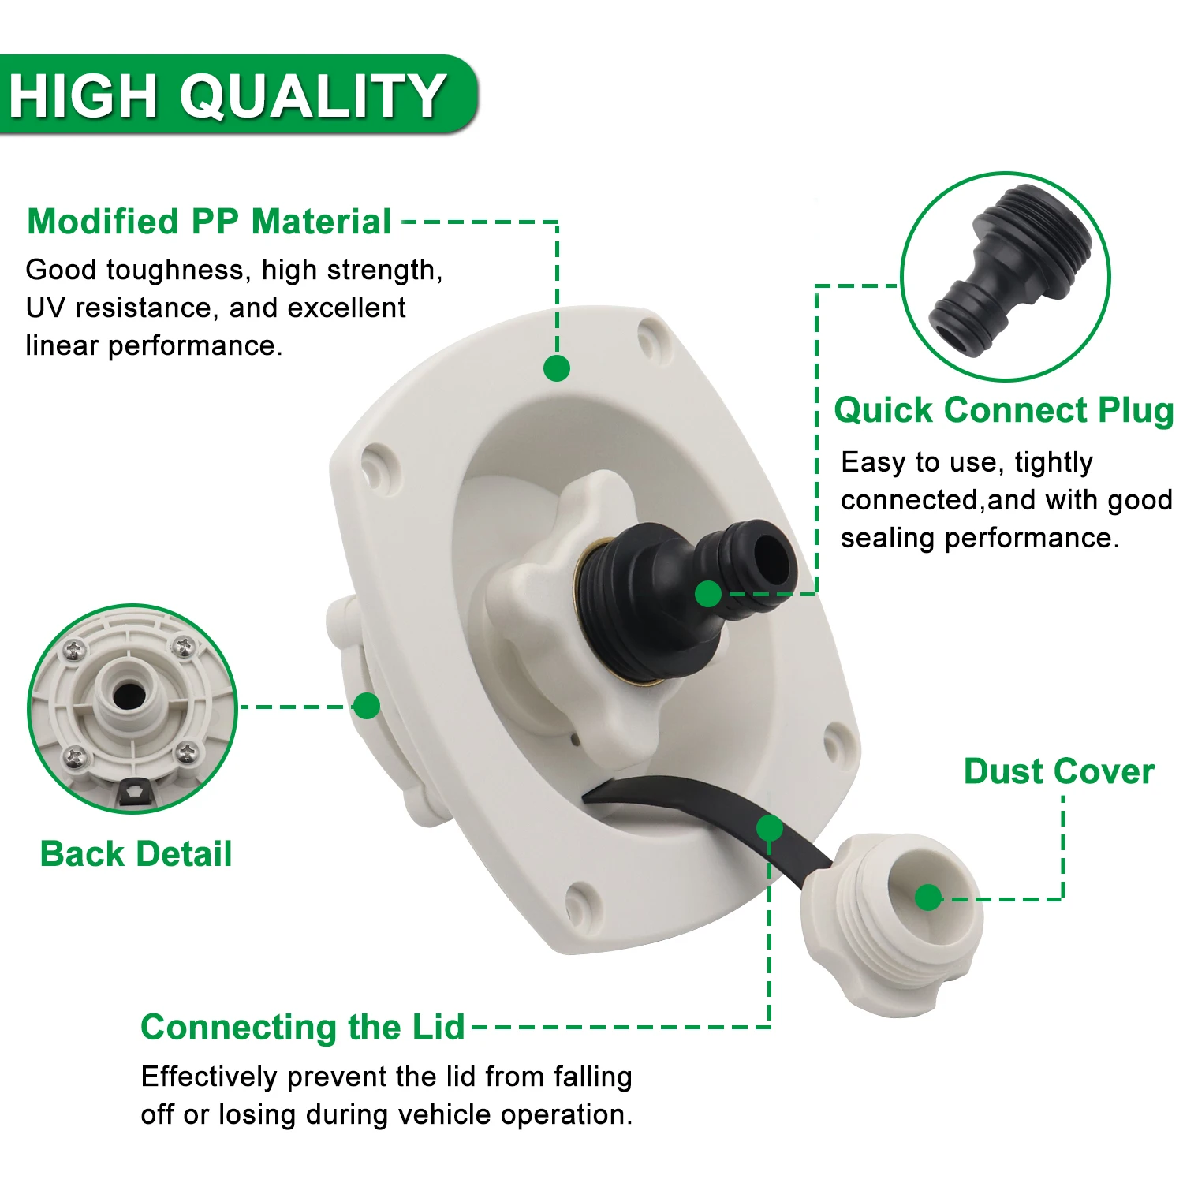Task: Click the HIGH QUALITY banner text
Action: (x=227, y=95)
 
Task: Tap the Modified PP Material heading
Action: (x=209, y=222)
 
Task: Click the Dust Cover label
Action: (x=1058, y=771)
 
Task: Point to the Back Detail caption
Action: (x=136, y=854)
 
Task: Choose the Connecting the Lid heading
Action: (x=302, y=1028)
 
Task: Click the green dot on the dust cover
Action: (x=928, y=898)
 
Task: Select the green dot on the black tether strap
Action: (x=769, y=828)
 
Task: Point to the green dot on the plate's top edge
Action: (x=557, y=368)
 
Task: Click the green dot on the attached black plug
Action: (x=708, y=594)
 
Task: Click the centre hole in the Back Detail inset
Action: (x=129, y=696)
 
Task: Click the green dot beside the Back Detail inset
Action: (x=367, y=706)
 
